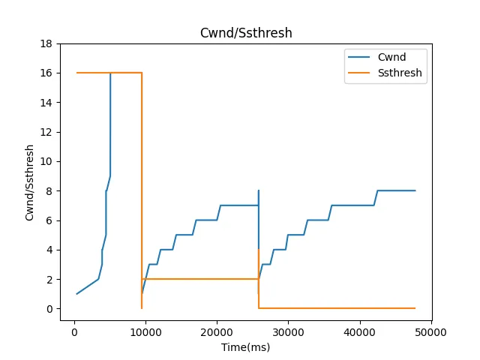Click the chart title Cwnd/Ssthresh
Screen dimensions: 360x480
tap(245, 33)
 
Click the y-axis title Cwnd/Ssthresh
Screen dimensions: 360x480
tap(31, 182)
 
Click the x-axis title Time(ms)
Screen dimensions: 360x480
tap(245, 347)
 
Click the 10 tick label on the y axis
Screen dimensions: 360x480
tap(50, 161)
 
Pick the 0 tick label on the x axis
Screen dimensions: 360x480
tap(73, 331)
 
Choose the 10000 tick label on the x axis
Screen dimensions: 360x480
tap(145, 331)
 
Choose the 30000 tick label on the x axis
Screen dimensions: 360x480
tap(288, 331)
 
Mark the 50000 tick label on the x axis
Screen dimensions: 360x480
tap(430, 331)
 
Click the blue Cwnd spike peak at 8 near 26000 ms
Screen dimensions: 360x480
tap(259, 190)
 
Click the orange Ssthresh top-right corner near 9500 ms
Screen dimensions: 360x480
tap(142, 73)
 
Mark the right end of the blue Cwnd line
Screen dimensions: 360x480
tap(415, 190)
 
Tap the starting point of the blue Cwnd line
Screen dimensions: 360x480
tap(76, 294)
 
